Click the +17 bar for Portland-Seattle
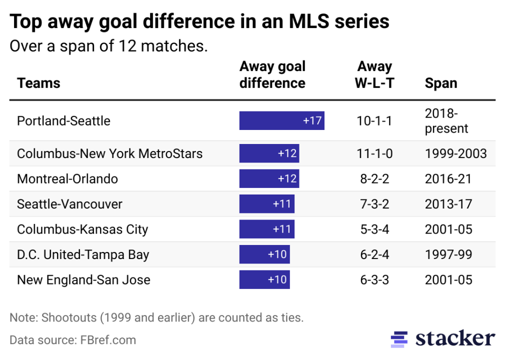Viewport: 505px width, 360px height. [281, 120]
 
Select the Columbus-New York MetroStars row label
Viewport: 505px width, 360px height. [109, 153]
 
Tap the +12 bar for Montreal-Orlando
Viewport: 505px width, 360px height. [269, 178]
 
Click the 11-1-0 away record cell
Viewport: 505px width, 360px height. [374, 153]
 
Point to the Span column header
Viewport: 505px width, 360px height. [440, 82]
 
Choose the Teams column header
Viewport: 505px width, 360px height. [38, 82]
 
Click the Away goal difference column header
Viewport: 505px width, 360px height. [272, 74]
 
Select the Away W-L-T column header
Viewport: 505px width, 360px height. [374, 74]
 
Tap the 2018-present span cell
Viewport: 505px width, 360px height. [446, 120]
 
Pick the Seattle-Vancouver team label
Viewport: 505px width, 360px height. [69, 204]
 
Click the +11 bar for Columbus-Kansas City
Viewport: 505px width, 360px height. [266, 229]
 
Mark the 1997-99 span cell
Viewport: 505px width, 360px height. [448, 254]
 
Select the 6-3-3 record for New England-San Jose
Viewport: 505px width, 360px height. [374, 279]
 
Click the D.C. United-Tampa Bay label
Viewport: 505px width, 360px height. [83, 254]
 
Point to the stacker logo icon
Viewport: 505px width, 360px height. [399, 339]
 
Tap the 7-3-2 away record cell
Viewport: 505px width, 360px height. [374, 204]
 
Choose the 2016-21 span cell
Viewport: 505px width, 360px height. [448, 178]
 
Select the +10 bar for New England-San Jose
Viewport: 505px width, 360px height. [264, 279]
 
